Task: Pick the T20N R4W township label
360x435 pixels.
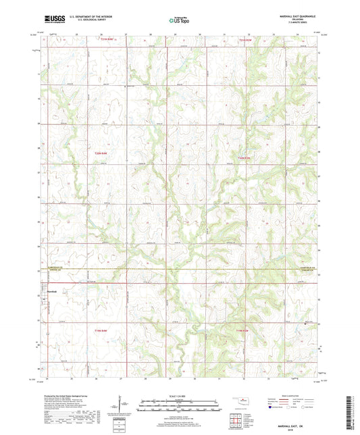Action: pyautogui.click(x=100, y=154)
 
